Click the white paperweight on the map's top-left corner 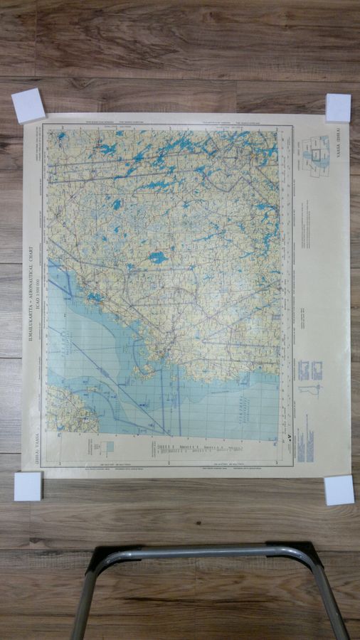pos(28,105)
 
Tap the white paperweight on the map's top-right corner pos(338,107)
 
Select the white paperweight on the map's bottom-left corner pos(28,486)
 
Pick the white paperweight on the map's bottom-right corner pos(339,490)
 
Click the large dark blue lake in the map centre pos(158,257)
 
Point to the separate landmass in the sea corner pos(68,410)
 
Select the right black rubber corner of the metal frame pos(297,551)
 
